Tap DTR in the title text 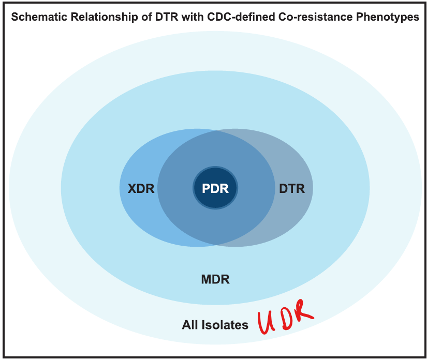154,17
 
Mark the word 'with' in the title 179,17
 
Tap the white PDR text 215,189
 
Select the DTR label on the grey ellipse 292,189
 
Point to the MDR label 215,280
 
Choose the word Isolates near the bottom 225,325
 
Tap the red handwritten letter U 268,323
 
